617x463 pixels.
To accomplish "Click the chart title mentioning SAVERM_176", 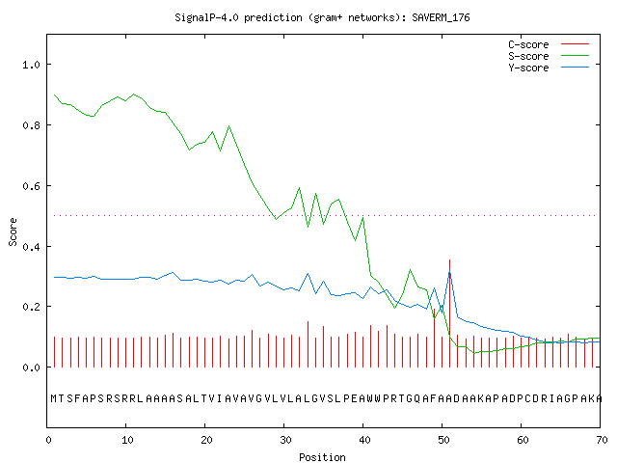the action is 322,17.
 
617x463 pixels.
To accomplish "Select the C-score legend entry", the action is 549,44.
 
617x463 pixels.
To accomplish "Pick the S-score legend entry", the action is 549,56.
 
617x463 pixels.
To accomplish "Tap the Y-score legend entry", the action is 549,68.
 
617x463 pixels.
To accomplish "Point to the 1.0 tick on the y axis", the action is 32,65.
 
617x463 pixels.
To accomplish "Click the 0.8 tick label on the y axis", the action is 32,125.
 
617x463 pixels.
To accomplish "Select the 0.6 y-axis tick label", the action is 32,186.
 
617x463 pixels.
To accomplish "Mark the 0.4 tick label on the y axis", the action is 32,247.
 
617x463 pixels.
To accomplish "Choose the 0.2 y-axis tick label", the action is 32,307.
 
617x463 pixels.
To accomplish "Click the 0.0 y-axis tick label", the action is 32,368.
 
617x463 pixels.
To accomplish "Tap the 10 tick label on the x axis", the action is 127,440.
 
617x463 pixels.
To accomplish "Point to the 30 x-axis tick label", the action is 285,440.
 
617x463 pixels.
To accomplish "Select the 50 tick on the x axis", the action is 443,440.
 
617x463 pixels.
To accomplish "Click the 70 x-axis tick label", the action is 602,440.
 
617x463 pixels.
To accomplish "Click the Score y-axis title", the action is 13,231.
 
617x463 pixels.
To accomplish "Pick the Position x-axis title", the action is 322,457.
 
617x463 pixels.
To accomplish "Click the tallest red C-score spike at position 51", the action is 450,313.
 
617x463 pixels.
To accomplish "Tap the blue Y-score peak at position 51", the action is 450,270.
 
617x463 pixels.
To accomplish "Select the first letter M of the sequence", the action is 54,398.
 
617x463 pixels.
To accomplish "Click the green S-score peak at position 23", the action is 229,126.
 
